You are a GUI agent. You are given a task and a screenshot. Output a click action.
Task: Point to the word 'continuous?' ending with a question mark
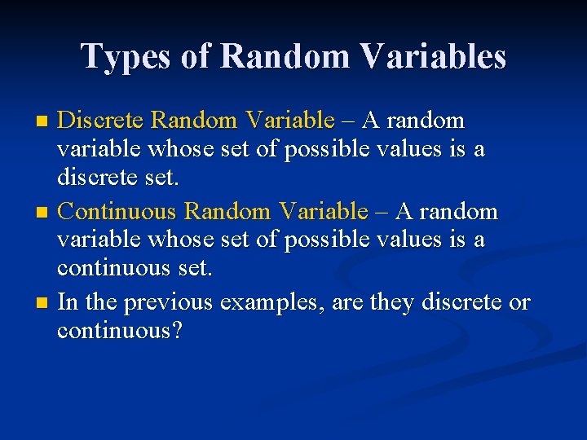[x=119, y=332]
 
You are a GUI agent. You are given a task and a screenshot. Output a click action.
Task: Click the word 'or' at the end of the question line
[x=519, y=303]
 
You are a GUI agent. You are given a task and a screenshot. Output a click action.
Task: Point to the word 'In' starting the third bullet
[x=68, y=303]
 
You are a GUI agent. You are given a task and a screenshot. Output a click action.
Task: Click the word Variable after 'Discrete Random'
[x=289, y=121]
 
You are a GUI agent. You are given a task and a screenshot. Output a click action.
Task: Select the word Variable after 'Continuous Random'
[x=323, y=212]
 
